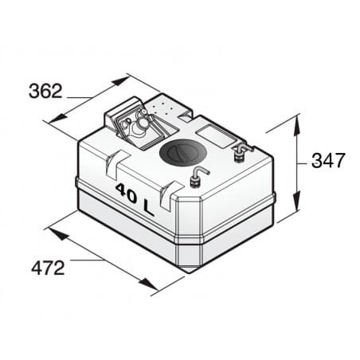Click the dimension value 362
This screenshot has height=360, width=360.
pos(45,91)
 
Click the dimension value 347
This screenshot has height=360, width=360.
pos(327,160)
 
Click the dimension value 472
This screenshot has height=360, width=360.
pos(48,268)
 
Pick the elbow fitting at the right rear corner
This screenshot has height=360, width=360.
pos(239,151)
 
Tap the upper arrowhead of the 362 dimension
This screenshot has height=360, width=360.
pos(123,79)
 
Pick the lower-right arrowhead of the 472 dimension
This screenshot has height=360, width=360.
pos(151,286)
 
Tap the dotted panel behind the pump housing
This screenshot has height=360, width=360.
pos(166,108)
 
